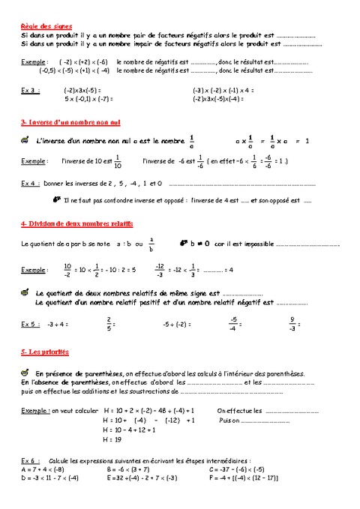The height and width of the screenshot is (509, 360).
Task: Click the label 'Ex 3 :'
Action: (x=30, y=90)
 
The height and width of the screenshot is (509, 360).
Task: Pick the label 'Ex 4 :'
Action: (x=30, y=183)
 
